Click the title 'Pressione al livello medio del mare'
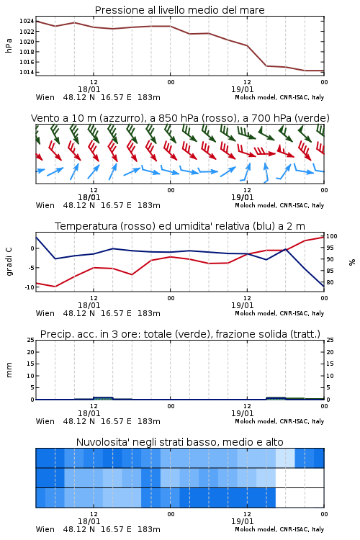(179, 10)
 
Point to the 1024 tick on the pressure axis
(27, 22)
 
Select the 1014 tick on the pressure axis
(27, 72)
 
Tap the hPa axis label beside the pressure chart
(9, 45)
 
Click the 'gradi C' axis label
(9, 261)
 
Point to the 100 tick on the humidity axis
(332, 236)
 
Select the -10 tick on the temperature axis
(30, 287)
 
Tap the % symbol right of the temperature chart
(352, 262)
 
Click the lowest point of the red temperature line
(55, 287)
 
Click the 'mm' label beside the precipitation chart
(9, 370)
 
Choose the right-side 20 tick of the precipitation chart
(330, 352)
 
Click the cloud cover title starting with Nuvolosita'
(179, 442)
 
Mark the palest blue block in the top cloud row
(285, 458)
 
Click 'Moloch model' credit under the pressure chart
(256, 97)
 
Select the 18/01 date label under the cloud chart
(89, 521)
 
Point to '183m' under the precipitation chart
(149, 421)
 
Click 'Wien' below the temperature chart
(45, 313)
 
